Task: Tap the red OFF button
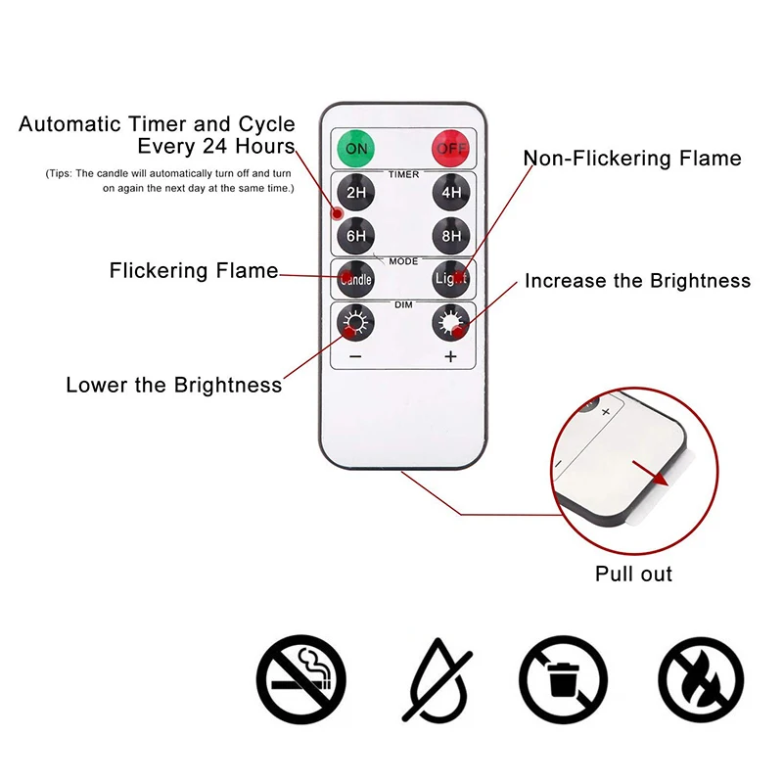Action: pos(451,149)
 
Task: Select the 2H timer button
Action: pos(355,193)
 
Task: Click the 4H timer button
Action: pos(451,193)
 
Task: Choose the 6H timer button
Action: pos(355,235)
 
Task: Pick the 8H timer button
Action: pos(451,235)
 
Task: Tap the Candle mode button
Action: pos(355,279)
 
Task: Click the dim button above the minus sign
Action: pos(355,321)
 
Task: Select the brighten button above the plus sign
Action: pos(451,321)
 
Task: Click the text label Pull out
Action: pos(633,574)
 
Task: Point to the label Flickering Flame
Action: pos(194,271)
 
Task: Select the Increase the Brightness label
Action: pos(637,281)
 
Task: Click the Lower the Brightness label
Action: pos(173,385)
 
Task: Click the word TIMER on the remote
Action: pos(403,174)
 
